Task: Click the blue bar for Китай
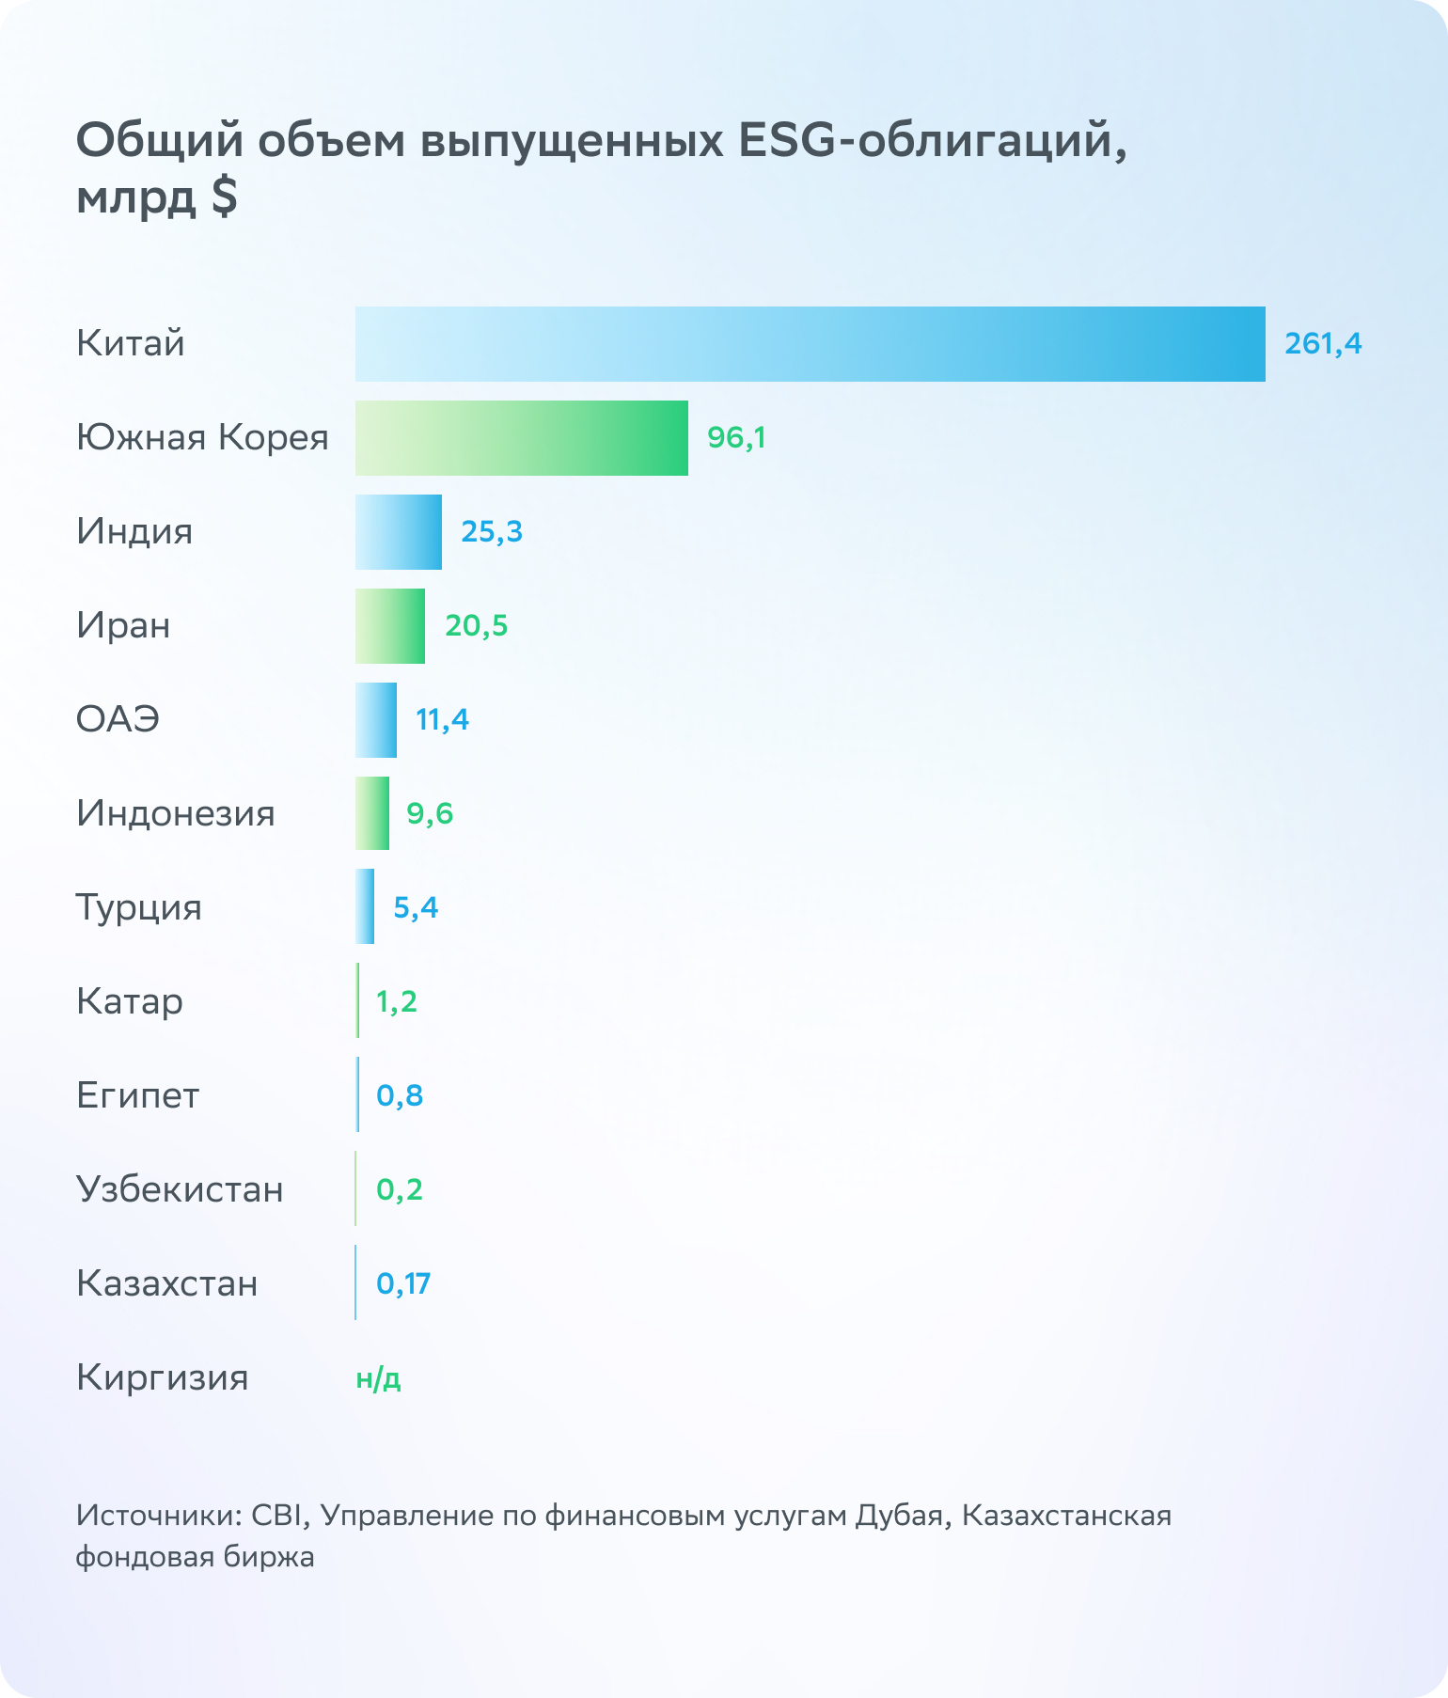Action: point(810,344)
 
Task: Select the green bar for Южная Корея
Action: point(521,438)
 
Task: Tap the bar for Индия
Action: point(398,532)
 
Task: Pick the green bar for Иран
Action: point(389,626)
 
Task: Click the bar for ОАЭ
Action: point(375,720)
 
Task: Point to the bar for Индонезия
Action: point(371,813)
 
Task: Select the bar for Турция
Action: point(365,906)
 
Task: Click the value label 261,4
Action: point(1323,344)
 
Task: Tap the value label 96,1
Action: point(736,438)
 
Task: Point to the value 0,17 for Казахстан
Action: point(403,1283)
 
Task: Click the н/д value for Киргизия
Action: point(378,1378)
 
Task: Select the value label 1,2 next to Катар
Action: point(396,1002)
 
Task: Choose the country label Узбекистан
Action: point(180,1189)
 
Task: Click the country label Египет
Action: point(137,1095)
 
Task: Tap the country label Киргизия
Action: point(162,1378)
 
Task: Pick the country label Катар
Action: point(130,1002)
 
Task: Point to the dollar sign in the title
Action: point(224,197)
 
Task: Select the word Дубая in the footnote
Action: point(899,1516)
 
